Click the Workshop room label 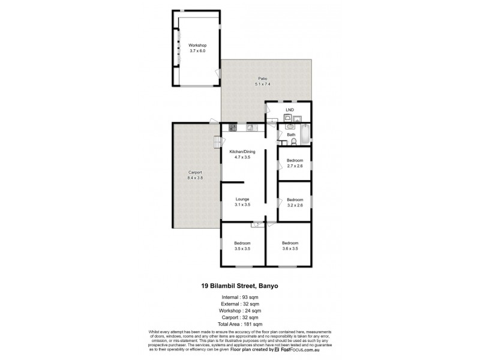197,46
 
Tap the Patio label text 262,79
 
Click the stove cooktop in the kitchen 232,127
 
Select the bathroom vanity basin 290,127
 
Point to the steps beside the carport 217,142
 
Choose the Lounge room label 242,199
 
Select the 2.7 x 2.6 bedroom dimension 294,166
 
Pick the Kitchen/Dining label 243,152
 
